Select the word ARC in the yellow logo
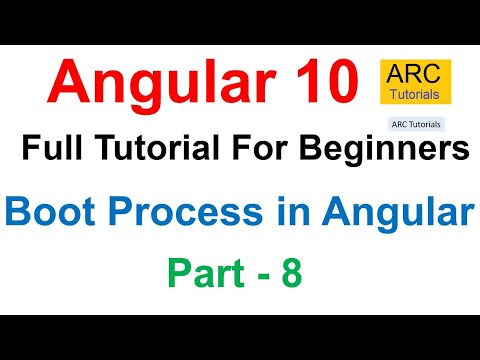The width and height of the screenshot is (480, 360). (x=414, y=75)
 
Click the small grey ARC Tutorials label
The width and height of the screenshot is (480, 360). (x=415, y=126)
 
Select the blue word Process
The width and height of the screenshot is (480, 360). (x=183, y=213)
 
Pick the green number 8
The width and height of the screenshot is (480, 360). (x=289, y=272)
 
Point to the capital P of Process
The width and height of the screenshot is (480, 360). (x=111, y=213)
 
